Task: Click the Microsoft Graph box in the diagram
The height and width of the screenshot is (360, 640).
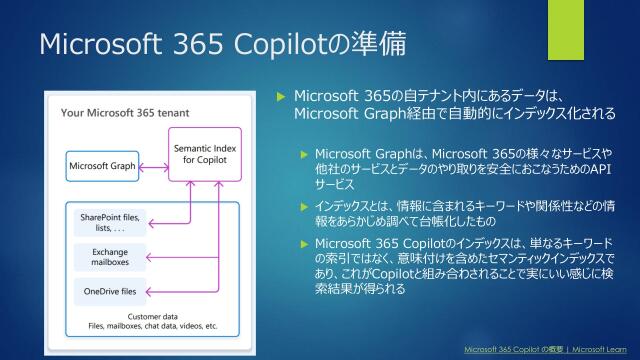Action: (102, 165)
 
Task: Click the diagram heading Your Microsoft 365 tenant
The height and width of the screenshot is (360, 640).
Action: (125, 112)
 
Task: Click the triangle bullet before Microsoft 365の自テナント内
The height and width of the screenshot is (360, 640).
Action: (281, 97)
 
